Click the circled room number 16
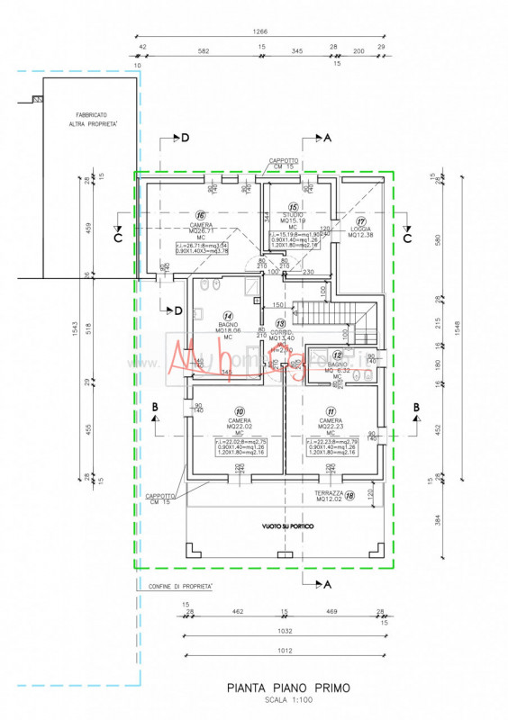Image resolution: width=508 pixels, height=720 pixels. click(x=201, y=215)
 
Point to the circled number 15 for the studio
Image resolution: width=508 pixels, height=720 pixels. click(x=293, y=206)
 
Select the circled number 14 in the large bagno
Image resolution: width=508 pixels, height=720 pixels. click(x=228, y=316)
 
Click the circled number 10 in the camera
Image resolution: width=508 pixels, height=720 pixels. click(x=240, y=411)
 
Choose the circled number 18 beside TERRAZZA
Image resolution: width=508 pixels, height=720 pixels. click(x=349, y=494)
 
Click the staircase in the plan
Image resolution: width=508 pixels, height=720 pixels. click(x=343, y=316)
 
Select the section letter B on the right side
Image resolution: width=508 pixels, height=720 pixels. click(x=416, y=407)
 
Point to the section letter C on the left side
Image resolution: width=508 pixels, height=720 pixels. click(x=117, y=238)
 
